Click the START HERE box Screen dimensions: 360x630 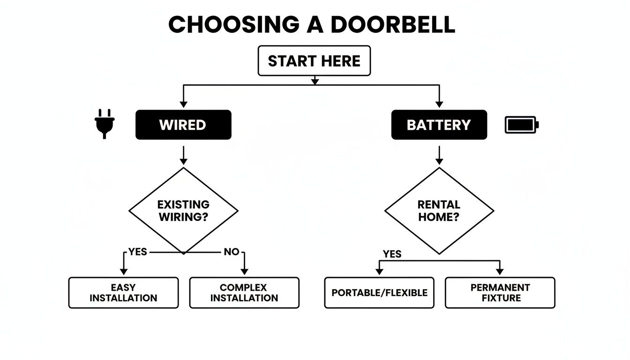click(314, 61)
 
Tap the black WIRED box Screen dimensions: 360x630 click(183, 125)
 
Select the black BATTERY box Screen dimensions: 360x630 click(439, 125)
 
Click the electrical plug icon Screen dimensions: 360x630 click(105, 123)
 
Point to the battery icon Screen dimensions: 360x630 click(522, 125)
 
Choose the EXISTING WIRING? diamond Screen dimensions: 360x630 click(183, 210)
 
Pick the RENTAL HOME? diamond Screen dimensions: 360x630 click(439, 210)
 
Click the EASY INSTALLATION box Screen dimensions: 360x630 click(123, 292)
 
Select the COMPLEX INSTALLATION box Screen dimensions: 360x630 click(244, 292)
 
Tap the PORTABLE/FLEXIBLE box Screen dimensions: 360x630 click(379, 292)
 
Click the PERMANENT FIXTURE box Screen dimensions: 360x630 click(500, 292)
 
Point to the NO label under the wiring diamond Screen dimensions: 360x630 click(231, 252)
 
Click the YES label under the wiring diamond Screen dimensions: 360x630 click(137, 252)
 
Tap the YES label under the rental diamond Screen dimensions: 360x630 click(392, 254)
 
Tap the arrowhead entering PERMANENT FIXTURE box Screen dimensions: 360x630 click(500, 271)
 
